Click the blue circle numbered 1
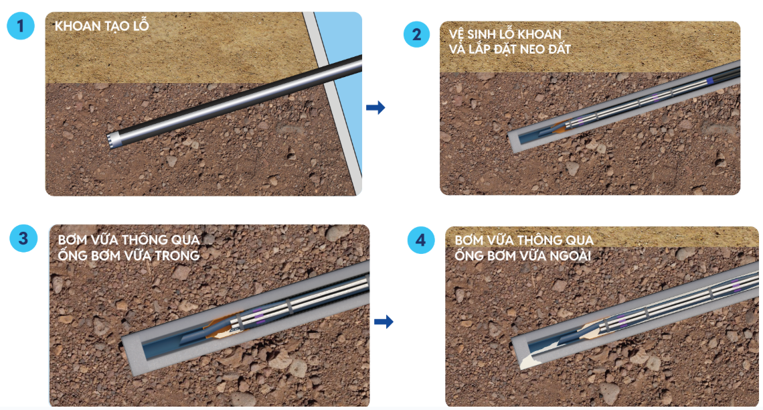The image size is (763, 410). pos(21,26)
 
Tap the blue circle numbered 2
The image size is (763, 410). pos(416,35)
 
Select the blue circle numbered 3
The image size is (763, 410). pos(23,238)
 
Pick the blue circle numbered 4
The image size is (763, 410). pos(420,240)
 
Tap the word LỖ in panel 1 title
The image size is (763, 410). pos(141,25)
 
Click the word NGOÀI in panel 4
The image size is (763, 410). pos(572,256)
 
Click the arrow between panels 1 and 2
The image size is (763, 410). pos(375,108)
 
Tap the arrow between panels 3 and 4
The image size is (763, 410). pos(384,322)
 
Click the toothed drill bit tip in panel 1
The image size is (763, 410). pos(113,140)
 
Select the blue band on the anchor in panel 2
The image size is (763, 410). pos(710,81)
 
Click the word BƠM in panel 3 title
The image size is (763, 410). pos(71,240)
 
